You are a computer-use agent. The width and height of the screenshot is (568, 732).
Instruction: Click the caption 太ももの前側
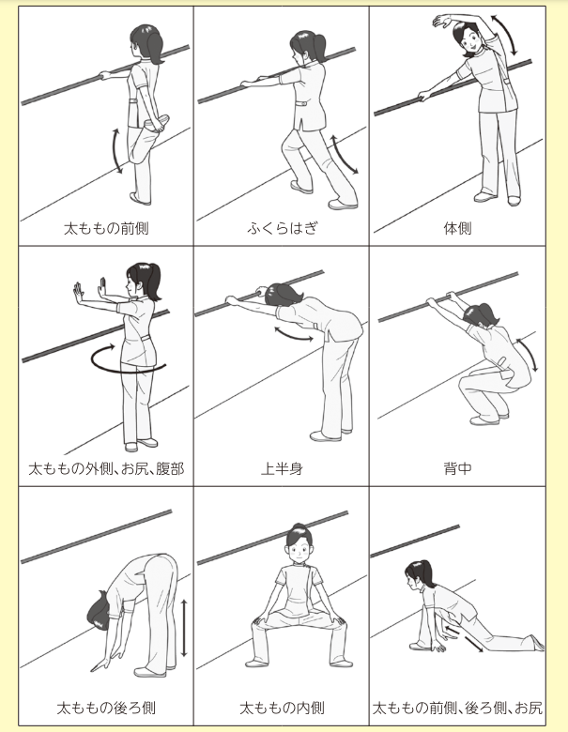coord(106,228)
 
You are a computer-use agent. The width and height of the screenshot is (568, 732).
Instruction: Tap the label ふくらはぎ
coord(283,228)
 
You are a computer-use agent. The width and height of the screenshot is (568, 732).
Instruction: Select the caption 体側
coord(457,228)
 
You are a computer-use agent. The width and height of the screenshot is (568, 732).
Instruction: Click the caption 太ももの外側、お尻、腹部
coord(106,468)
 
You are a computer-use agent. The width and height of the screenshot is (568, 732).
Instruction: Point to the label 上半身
coord(282,468)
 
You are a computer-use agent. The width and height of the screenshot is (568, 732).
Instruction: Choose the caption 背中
coord(457,468)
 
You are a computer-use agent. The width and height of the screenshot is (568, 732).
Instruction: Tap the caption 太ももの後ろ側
coord(106,708)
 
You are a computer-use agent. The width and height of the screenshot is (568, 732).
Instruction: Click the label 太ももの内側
coord(282,708)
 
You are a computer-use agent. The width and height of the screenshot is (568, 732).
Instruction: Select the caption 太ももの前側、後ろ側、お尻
coord(457,708)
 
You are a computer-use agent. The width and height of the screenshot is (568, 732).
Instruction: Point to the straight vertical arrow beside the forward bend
coord(184,628)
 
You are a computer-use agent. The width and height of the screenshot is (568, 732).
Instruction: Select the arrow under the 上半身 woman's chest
coord(293,334)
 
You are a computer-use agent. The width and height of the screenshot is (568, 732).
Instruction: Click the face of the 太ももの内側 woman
coord(297,548)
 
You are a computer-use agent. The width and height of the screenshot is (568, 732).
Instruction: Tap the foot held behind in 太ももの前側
coord(158,124)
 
